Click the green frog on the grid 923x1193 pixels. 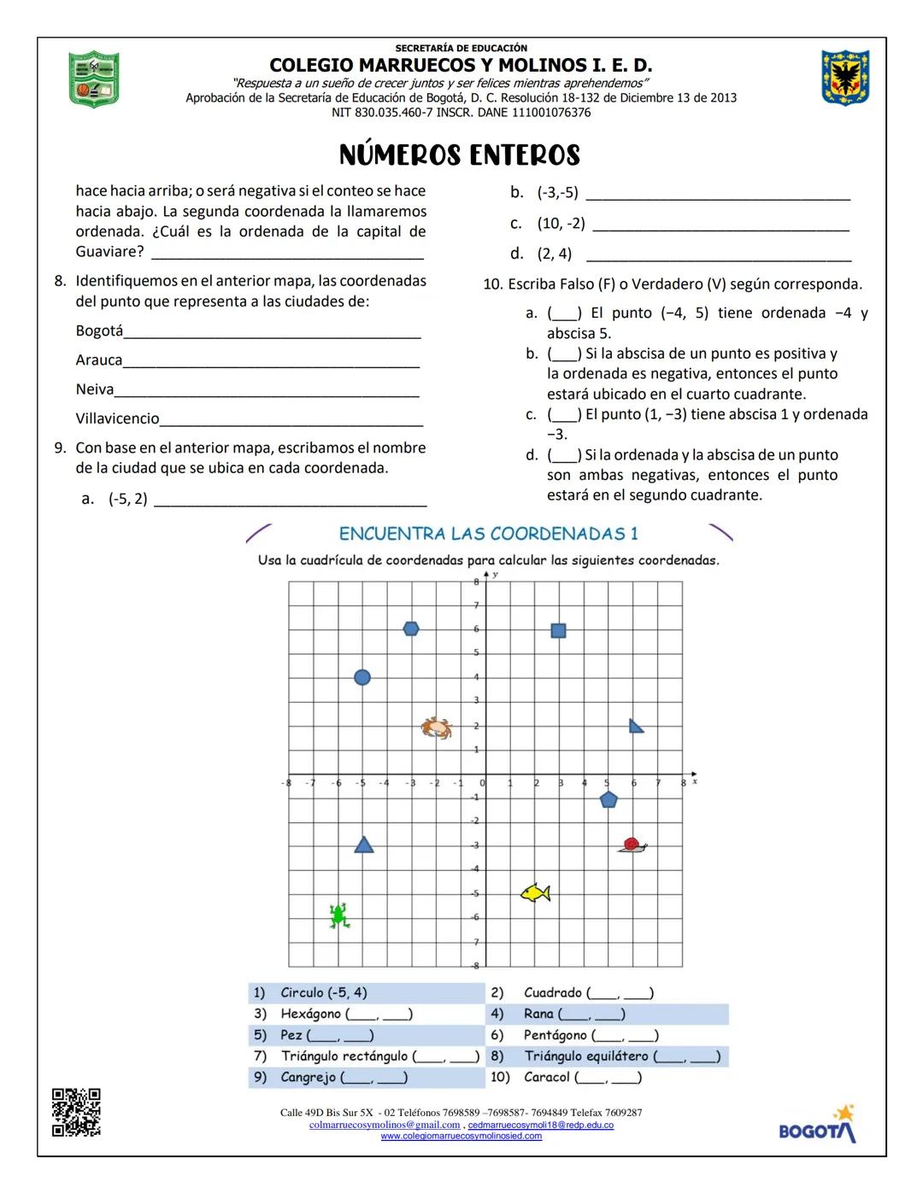coord(338,915)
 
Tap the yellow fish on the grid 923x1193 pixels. coord(536,892)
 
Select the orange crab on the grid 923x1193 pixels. coord(436,727)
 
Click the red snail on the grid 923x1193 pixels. coord(632,845)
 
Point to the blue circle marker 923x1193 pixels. coord(362,677)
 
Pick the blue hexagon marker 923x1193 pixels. coord(411,629)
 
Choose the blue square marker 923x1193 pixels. coord(558,630)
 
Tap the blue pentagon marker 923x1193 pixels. coord(608,800)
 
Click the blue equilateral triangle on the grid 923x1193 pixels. coord(364,845)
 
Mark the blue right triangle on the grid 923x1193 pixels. coord(635,726)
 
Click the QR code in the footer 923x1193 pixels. coord(76,1112)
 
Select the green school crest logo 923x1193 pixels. coord(93,79)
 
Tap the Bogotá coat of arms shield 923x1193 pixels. coord(845,78)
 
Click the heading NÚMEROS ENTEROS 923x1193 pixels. coord(460,155)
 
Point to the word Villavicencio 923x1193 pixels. coord(117,418)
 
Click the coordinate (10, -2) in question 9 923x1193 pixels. coord(561,223)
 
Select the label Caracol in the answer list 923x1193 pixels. coord(546,1077)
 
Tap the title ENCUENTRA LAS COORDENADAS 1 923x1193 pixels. coord(488,534)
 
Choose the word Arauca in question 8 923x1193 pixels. coord(99,360)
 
